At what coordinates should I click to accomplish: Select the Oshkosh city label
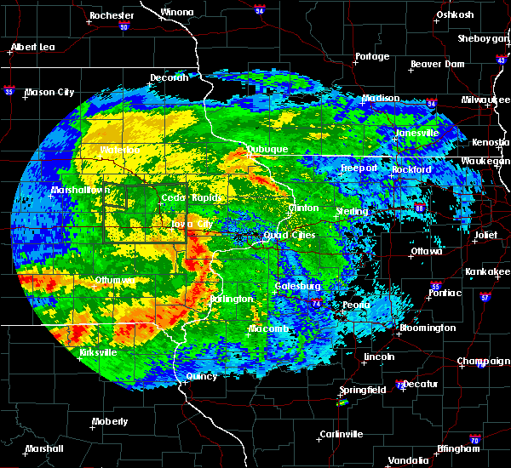(455, 14)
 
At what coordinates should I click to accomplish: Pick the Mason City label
(50, 92)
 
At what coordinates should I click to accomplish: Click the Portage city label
(371, 57)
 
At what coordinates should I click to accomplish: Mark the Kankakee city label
(486, 271)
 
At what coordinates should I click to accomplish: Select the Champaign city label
(483, 362)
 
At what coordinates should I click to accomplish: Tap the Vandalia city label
(408, 460)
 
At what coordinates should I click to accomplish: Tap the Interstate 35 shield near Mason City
(9, 89)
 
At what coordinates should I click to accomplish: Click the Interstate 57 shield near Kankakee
(485, 297)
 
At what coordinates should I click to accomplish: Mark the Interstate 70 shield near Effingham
(475, 441)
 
